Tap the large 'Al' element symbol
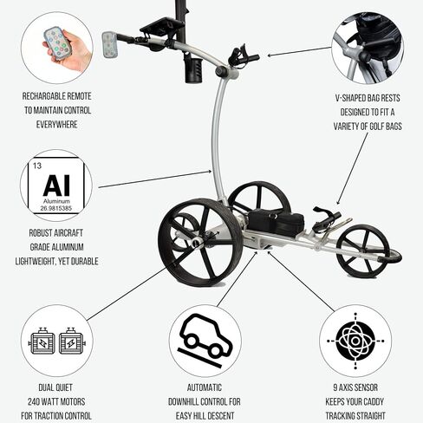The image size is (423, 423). point(56,185)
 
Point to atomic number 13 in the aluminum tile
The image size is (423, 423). point(37,166)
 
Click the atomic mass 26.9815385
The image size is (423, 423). point(56,208)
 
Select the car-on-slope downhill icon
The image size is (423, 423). point(205,341)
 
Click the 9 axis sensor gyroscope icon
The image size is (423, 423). point(355,341)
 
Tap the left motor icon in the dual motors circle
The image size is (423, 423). point(42,341)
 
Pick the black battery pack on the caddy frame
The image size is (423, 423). point(276,221)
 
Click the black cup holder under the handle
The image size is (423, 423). point(193,70)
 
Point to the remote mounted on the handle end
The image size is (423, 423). point(109,44)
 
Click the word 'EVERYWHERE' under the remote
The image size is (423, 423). point(57,125)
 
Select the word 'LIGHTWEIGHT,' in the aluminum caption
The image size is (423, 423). point(35,261)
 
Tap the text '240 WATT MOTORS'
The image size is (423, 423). point(56,401)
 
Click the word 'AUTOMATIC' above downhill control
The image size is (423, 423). point(205,387)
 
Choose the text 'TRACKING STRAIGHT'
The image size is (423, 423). point(355,416)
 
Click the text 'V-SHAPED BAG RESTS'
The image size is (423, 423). point(368,98)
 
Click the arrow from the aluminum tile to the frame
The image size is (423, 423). point(155,179)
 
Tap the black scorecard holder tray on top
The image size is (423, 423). point(162,27)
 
